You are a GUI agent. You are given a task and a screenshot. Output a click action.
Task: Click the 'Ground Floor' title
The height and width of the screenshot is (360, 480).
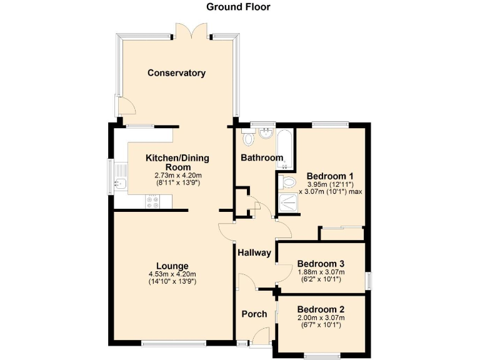click(239, 7)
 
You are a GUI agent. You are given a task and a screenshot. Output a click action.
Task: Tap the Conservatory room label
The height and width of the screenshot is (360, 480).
click(176, 73)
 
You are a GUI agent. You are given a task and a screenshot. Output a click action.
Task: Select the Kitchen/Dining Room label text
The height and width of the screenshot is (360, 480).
click(177, 162)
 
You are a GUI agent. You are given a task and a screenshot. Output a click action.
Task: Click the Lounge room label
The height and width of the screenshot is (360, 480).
click(173, 266)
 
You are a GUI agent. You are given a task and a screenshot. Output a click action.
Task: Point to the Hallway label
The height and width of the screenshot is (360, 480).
click(254, 253)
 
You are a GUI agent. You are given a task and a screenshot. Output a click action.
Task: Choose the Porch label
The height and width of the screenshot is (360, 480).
click(254, 314)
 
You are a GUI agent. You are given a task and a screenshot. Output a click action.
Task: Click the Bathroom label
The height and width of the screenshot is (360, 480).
click(262, 158)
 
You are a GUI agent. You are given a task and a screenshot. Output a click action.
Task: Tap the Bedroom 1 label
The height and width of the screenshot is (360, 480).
click(331, 176)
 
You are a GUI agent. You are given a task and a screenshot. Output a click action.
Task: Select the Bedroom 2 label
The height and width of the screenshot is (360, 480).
click(321, 309)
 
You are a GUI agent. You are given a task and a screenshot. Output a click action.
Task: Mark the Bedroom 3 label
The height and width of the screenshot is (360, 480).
click(321, 263)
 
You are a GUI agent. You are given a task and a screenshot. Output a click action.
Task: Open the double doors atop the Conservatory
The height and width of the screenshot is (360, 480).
click(192, 30)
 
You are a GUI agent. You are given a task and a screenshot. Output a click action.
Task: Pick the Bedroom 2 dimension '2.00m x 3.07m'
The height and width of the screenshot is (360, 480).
click(321, 317)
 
